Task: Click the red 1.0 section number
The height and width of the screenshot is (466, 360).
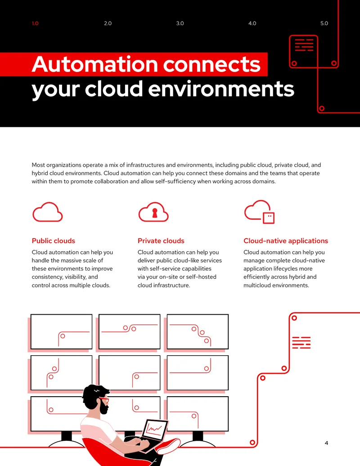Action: coord(35,23)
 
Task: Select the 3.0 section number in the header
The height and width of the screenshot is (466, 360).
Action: coord(180,23)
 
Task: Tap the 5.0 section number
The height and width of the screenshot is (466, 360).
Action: coord(324,23)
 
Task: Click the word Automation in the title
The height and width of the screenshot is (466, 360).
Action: coord(95,64)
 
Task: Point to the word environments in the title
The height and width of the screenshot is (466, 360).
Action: coord(221,89)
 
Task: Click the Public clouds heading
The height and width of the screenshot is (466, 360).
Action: coord(54,241)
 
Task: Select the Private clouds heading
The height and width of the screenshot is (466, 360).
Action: coord(161,241)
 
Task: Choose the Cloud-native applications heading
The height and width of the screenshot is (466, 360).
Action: coord(286,241)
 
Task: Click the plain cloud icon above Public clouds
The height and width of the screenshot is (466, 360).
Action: coord(48,212)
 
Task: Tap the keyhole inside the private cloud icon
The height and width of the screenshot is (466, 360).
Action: coord(154,213)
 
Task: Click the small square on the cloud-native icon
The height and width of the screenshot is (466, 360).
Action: coord(269,217)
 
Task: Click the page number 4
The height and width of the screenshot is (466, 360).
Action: coord(326,443)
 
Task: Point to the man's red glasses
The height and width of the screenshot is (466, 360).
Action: coord(104,399)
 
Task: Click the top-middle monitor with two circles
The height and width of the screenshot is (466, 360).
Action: coord(129,331)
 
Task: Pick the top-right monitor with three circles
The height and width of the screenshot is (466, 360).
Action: coord(198,331)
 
